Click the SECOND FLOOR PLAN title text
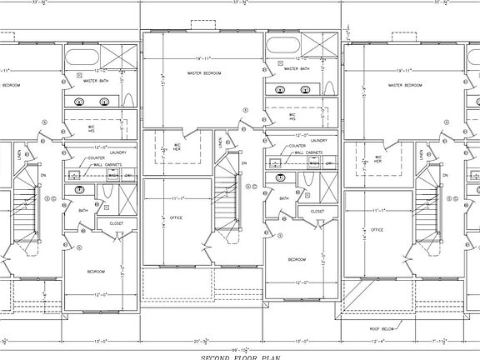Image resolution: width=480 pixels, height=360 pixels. click(x=240, y=356)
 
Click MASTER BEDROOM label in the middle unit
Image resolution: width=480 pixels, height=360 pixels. click(x=204, y=73)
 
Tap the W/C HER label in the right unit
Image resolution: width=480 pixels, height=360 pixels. click(x=377, y=158)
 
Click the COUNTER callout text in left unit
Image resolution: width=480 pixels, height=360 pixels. click(x=97, y=158)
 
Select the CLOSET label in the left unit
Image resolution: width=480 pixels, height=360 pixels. click(x=117, y=222)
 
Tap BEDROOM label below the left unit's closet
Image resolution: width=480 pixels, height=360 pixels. click(x=96, y=272)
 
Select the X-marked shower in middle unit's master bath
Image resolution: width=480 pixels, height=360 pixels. click(x=318, y=46)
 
